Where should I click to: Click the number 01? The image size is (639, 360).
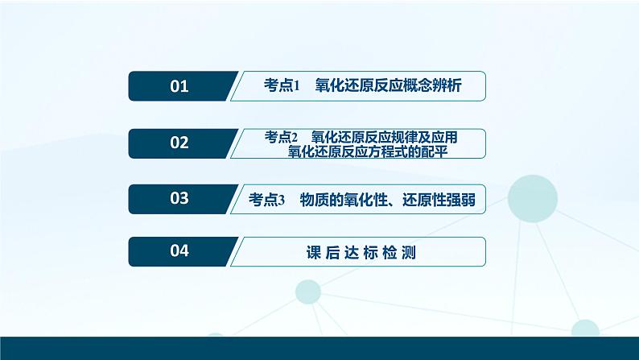[179, 86]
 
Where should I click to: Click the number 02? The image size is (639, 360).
[179, 143]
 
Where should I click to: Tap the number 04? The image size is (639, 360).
[179, 251]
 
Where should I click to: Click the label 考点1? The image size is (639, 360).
[281, 86]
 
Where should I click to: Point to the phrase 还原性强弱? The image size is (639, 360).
[438, 200]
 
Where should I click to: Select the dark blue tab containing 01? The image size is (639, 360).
[181, 86]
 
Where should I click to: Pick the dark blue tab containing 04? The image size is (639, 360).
[181, 251]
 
